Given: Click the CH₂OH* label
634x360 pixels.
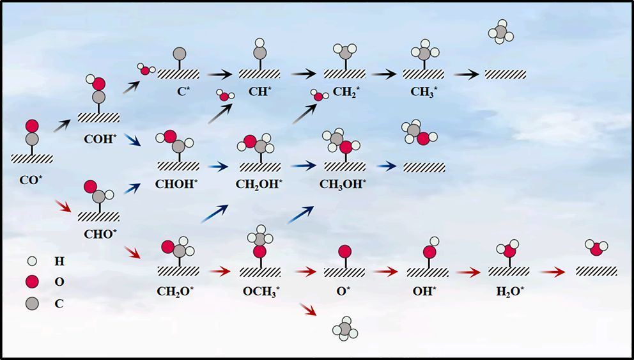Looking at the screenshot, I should click(259, 184).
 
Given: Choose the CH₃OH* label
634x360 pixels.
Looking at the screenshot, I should click(344, 184).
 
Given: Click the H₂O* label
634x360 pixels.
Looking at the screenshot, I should click(509, 292).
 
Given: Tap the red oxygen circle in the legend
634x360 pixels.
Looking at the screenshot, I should click(33, 281).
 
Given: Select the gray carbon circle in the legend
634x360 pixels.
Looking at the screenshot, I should click(33, 303).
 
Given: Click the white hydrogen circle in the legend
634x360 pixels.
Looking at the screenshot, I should click(33, 261).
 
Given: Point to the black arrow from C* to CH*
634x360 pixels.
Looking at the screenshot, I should click(217, 74).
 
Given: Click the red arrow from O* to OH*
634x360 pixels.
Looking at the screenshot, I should click(385, 272).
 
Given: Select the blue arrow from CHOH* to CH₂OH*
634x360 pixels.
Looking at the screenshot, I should click(217, 167).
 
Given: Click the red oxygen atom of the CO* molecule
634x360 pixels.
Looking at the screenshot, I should click(32, 125).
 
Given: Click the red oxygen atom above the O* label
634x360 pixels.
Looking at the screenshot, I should click(344, 251).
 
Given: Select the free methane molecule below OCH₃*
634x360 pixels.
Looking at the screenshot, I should click(344, 328).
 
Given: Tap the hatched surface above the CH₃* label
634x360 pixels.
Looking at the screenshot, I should click(422, 74).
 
